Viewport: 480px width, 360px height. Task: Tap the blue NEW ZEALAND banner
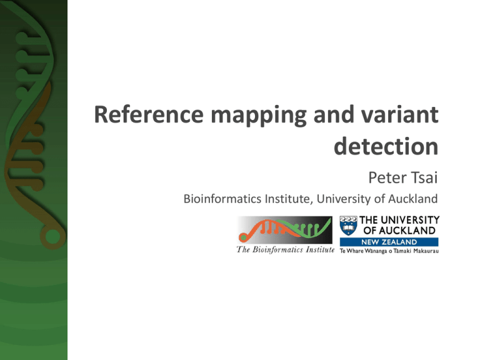click(x=388, y=242)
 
